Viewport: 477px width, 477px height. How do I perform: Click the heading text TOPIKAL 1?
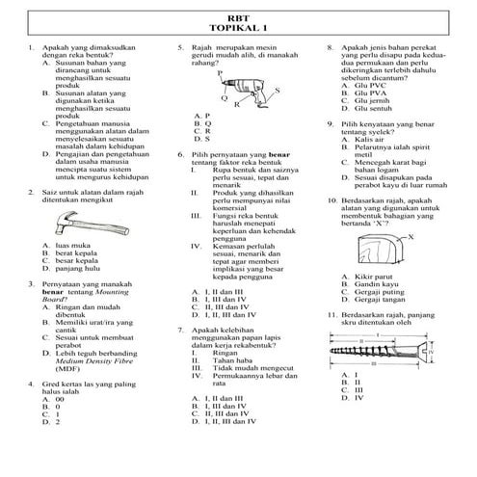(238, 29)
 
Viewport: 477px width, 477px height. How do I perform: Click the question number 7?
(181, 330)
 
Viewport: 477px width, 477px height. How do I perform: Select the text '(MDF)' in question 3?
(67, 369)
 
